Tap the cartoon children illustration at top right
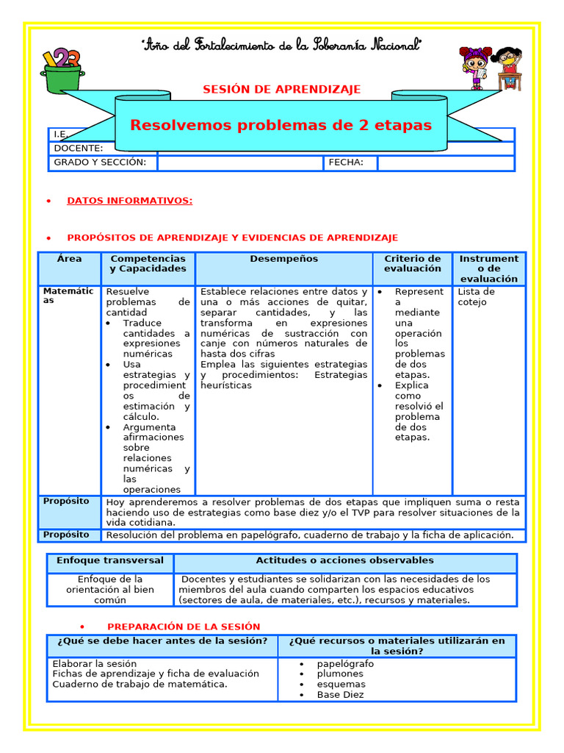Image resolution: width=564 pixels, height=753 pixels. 491,68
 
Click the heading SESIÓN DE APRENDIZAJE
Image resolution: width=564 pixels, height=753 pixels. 282,90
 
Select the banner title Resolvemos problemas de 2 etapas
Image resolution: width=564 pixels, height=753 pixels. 281,125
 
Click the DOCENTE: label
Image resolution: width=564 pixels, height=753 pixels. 79,148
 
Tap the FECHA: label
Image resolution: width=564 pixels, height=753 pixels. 346,163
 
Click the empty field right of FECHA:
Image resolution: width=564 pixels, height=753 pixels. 446,163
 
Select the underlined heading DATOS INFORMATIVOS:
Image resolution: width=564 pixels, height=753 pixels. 130,201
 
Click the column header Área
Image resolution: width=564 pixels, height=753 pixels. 69,259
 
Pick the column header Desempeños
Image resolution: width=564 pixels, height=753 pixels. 283,259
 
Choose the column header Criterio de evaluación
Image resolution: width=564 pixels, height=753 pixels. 413,263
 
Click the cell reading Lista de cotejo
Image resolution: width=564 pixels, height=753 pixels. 476,296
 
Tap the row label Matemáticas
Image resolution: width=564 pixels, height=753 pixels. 68,296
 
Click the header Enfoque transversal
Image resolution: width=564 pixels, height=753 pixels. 110,560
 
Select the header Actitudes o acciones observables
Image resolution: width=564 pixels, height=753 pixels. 344,560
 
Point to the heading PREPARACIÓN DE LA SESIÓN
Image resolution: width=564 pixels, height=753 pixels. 184,627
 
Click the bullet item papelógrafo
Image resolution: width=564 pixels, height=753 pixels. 345,663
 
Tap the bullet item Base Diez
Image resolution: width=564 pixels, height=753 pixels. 340,694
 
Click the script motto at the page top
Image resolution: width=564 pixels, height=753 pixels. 281,46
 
